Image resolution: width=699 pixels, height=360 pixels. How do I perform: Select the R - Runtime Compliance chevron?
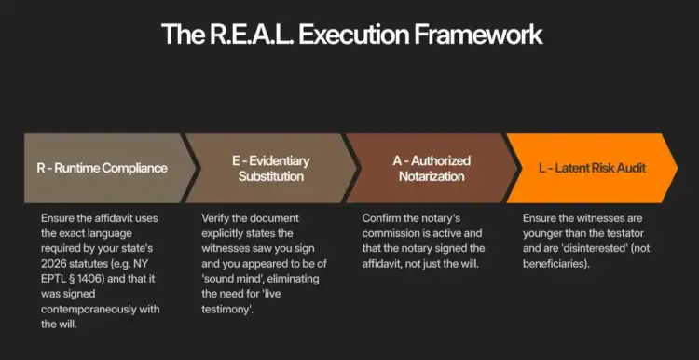coord(104,168)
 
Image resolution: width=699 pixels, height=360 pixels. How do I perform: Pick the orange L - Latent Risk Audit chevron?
coord(593,168)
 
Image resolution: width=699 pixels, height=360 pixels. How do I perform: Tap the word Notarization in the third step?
coord(430,176)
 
